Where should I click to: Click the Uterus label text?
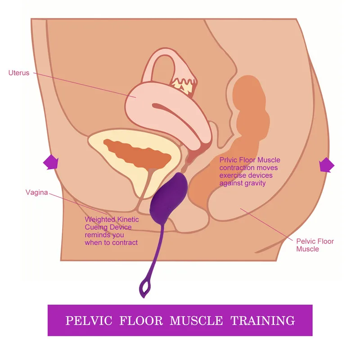[x=19, y=72]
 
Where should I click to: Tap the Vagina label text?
[x=36, y=193]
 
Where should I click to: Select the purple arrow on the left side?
[x=50, y=162]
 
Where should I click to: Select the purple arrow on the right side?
[x=326, y=166]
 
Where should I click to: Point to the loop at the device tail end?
[x=145, y=287]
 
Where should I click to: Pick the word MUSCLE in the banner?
[x=196, y=321]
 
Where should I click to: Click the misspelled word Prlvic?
[x=229, y=160]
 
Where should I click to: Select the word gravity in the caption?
[x=255, y=183]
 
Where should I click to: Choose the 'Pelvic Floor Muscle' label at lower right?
[x=315, y=245]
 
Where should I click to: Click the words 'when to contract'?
[x=111, y=243]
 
